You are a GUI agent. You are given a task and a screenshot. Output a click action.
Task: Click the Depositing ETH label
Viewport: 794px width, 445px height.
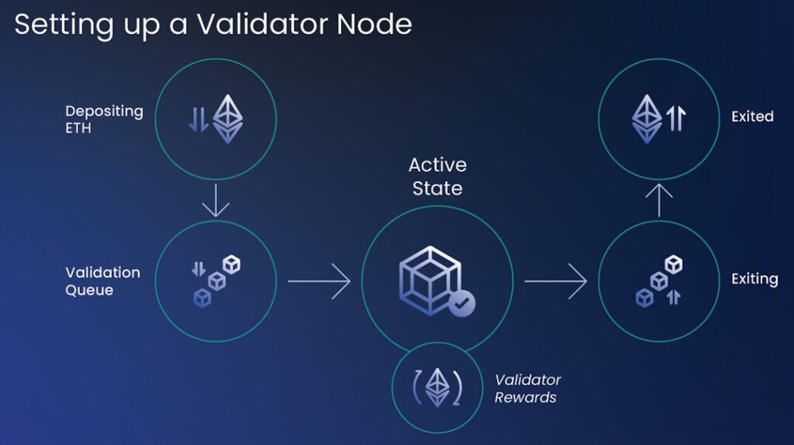(104, 119)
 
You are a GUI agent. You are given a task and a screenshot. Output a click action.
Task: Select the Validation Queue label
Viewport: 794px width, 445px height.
(102, 281)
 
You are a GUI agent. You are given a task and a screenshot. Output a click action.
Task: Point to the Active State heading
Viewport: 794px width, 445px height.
(437, 177)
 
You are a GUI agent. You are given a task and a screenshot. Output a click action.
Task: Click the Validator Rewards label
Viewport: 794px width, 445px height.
(527, 388)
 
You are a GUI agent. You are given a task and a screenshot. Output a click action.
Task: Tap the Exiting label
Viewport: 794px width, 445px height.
(754, 279)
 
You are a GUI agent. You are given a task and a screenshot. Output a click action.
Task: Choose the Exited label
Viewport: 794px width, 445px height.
(752, 116)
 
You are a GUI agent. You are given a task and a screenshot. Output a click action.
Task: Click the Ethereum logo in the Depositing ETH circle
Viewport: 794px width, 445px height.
(228, 119)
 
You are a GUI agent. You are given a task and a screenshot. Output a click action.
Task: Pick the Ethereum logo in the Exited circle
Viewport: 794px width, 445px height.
(647, 119)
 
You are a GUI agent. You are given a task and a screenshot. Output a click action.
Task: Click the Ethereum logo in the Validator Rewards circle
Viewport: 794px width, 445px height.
(437, 386)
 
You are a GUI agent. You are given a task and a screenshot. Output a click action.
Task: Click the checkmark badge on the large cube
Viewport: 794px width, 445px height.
(462, 303)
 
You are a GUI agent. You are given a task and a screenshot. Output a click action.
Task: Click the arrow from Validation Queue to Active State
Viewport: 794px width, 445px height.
(319, 280)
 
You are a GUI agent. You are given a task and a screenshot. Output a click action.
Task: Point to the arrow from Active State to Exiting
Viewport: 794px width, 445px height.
(555, 280)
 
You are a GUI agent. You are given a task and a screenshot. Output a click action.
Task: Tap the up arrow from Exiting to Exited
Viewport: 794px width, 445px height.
(658, 201)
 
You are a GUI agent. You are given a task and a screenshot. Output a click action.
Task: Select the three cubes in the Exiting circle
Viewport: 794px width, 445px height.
(658, 281)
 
